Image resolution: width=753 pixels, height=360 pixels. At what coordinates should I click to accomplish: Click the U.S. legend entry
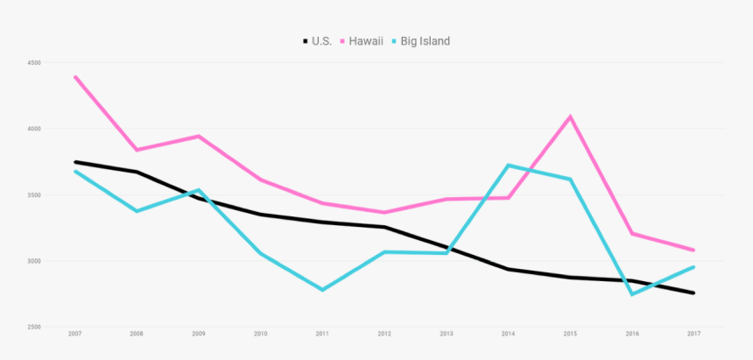click(x=317, y=41)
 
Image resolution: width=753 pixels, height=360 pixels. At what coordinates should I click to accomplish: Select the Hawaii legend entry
click(x=361, y=41)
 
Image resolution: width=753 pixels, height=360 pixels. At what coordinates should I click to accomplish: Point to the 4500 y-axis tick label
click(x=34, y=63)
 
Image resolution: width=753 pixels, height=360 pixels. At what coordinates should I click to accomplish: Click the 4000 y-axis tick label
click(x=34, y=129)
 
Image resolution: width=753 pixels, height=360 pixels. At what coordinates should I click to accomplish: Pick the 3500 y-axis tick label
click(x=34, y=195)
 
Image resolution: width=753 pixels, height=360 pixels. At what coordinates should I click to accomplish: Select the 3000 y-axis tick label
click(x=34, y=261)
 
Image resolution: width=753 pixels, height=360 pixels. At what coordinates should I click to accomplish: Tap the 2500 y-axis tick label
click(x=34, y=327)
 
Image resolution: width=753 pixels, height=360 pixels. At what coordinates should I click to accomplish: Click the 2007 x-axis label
click(x=75, y=334)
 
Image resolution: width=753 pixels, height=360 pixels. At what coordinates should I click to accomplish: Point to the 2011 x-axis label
click(x=322, y=334)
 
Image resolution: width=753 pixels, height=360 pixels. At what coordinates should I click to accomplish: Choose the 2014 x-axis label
click(x=508, y=334)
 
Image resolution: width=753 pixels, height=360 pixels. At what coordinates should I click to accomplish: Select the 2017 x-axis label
click(x=693, y=334)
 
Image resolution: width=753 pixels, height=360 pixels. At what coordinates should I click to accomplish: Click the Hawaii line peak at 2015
click(x=570, y=116)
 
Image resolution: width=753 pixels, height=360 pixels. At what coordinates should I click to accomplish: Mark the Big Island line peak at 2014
click(x=508, y=165)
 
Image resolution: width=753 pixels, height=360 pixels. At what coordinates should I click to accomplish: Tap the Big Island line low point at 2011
click(x=322, y=289)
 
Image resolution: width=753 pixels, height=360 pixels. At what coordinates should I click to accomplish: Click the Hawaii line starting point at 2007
click(x=75, y=77)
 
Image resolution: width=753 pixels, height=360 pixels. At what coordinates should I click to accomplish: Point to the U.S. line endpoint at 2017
click(x=693, y=293)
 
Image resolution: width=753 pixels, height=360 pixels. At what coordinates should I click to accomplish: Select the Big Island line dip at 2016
click(x=631, y=294)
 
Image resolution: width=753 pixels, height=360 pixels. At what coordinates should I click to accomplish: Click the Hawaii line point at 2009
click(x=199, y=136)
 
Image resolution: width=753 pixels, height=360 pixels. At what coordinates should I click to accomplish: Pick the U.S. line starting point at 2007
click(x=75, y=162)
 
